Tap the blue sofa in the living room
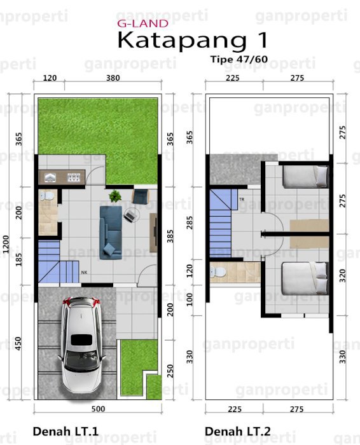[111, 233]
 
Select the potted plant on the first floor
[115, 196]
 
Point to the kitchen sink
[50, 177]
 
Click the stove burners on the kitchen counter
[74, 177]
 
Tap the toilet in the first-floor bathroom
[47, 196]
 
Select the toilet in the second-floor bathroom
[218, 272]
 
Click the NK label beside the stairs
[85, 273]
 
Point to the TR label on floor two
[242, 200]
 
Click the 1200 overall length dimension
[6, 244]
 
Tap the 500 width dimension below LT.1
[98, 409]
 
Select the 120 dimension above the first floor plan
[50, 78]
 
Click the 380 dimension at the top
[113, 78]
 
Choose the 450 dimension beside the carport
[18, 343]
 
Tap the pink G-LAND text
[143, 24]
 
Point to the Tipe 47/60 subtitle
[239, 59]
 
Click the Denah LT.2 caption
[238, 432]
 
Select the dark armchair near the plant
[141, 196]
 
